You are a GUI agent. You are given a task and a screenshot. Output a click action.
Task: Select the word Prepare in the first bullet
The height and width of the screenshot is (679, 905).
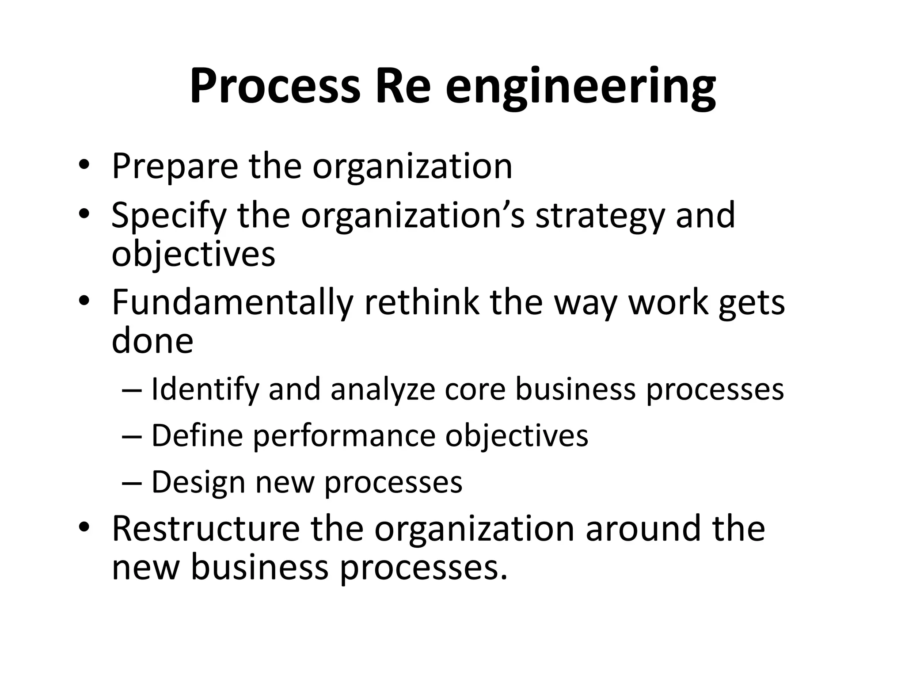click(175, 167)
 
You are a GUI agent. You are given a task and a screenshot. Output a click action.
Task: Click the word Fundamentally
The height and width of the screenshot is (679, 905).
click(232, 303)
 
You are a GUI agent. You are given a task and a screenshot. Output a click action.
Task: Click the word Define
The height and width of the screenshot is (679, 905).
click(197, 435)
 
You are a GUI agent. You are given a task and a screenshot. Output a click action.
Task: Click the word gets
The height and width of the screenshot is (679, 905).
click(751, 303)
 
